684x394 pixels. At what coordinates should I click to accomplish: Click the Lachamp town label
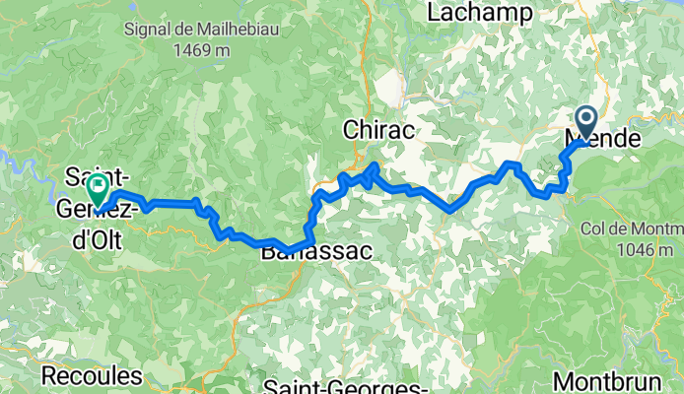pyautogui.click(x=480, y=13)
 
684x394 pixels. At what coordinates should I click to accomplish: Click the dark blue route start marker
pyautogui.click(x=585, y=124)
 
